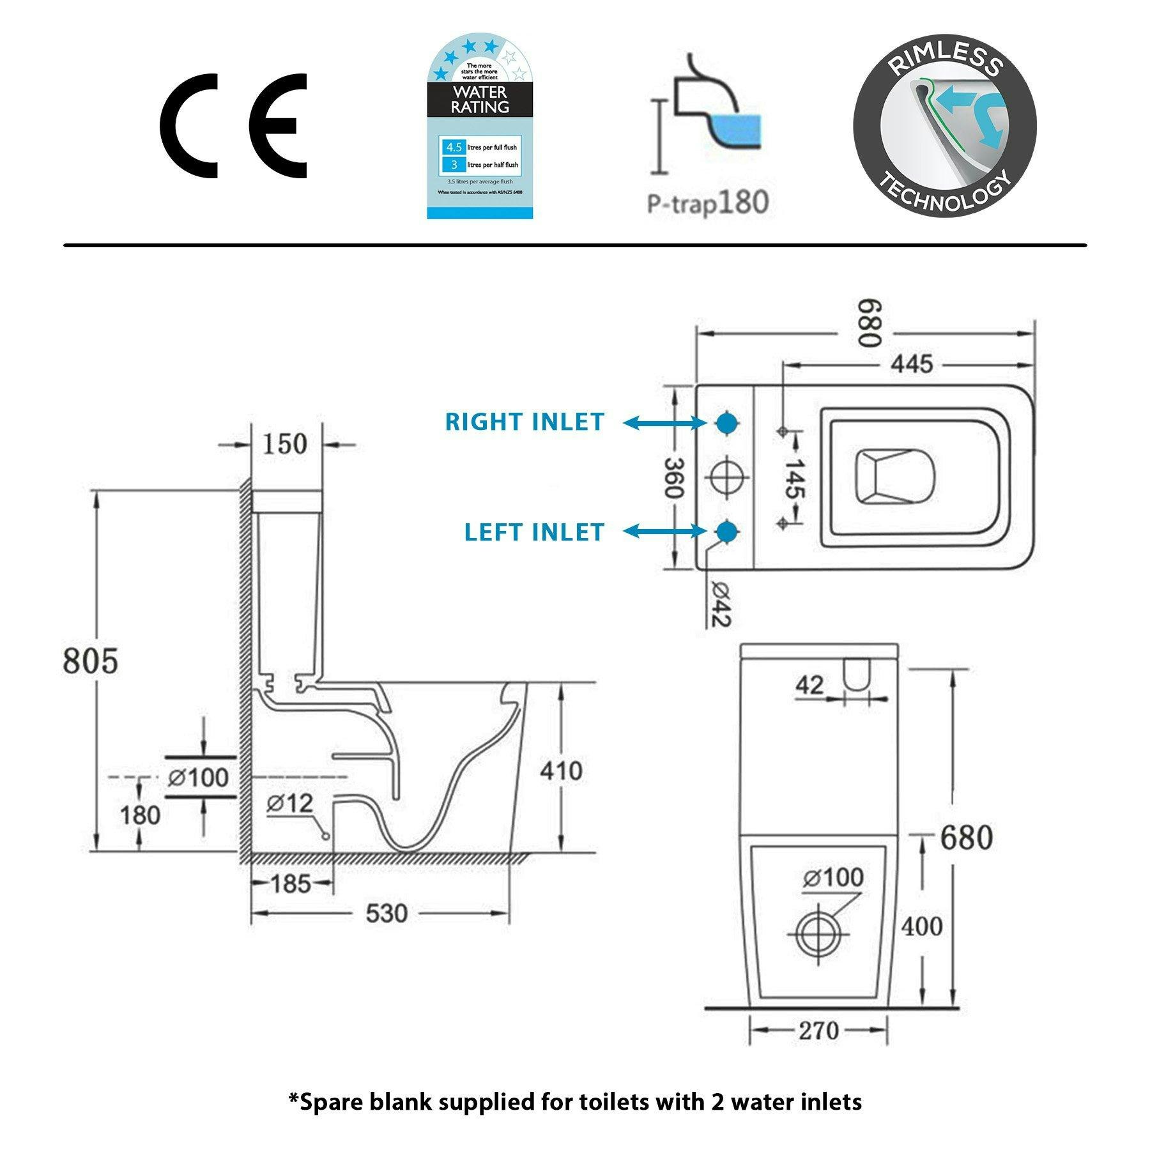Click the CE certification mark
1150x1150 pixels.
(x=233, y=125)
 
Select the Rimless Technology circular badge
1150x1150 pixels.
(x=944, y=125)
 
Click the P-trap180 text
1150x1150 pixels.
(x=708, y=203)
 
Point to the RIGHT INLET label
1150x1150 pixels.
(x=525, y=422)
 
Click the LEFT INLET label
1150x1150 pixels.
(x=534, y=532)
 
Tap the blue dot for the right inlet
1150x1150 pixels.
(x=726, y=422)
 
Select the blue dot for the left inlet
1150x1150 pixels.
(x=726, y=532)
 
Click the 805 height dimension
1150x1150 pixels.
(x=90, y=660)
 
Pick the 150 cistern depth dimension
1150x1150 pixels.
(x=284, y=444)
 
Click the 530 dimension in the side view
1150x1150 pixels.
(x=387, y=913)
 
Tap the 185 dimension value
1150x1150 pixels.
(x=291, y=884)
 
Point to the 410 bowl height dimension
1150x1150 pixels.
(x=561, y=771)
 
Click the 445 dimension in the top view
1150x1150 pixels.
(x=912, y=364)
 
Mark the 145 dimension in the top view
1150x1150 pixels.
(x=794, y=479)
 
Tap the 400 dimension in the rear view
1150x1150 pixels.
(x=921, y=926)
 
